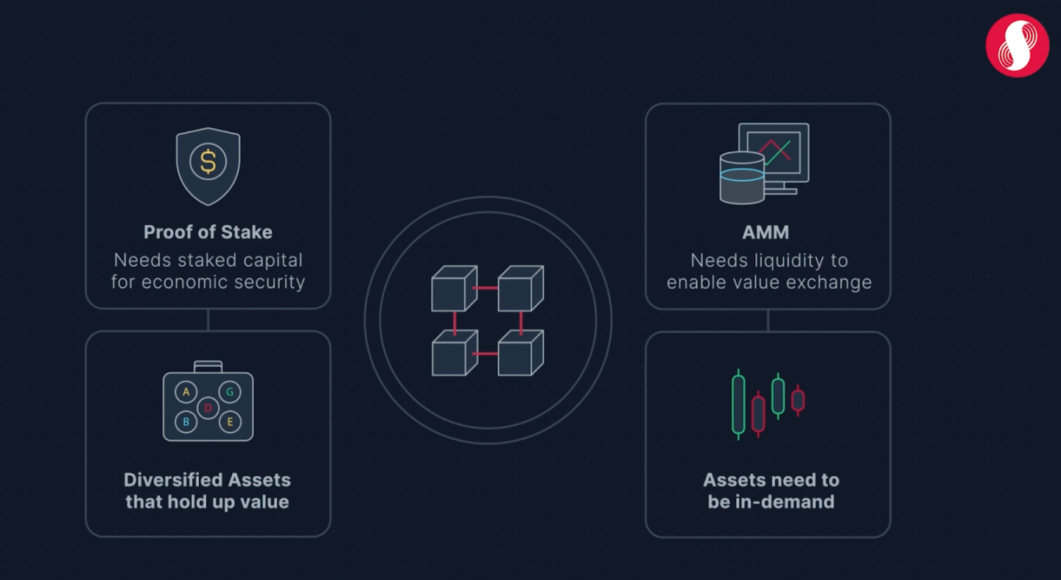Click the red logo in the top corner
[x=1017, y=45]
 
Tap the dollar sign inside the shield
[x=208, y=162]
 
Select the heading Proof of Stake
[x=208, y=232]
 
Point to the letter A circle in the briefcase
[x=186, y=392]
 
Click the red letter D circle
[x=208, y=407]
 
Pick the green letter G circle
[x=230, y=392]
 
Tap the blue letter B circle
[x=186, y=422]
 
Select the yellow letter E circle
[x=230, y=422]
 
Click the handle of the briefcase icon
[x=208, y=366]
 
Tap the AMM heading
[x=766, y=232]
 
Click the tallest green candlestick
[x=738, y=404]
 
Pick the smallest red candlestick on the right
[x=797, y=400]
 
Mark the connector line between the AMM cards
[x=768, y=320]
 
